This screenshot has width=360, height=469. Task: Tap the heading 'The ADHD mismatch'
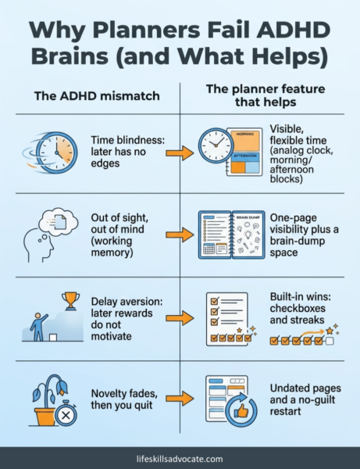pos(97,96)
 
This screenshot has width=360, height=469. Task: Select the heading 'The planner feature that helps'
pos(266,95)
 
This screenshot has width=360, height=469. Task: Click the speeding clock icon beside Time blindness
pos(51,152)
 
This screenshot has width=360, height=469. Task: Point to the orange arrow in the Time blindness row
pos(180,152)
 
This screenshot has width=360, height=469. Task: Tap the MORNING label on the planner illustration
pos(245,134)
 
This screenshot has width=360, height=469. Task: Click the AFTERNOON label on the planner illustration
pos(245,156)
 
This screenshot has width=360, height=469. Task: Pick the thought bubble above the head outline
pos(59,221)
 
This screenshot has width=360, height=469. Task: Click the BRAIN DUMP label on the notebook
pos(248,217)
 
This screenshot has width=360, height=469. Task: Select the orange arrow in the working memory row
pos(180,235)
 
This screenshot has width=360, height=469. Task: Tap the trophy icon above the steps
pos(70,301)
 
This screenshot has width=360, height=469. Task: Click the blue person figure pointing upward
pos(39,327)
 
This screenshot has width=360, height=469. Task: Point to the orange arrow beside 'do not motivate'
pos(180,319)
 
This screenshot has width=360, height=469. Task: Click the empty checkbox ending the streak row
pos(330,341)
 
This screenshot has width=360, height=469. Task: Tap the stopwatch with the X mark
pos(66,414)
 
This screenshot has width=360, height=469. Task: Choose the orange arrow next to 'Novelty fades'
pos(180,399)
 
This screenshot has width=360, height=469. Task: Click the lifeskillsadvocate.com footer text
pos(180,459)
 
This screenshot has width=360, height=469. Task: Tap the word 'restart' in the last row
pos(285,412)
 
